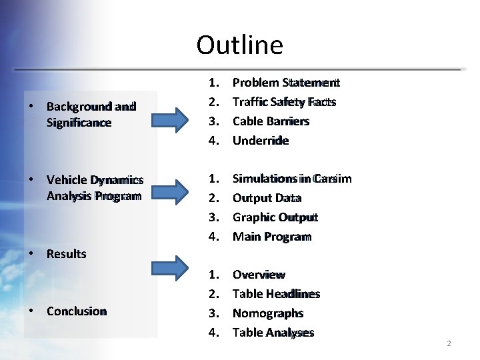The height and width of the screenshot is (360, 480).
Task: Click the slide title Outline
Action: [x=239, y=45]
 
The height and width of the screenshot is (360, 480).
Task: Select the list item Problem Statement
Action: [x=285, y=83]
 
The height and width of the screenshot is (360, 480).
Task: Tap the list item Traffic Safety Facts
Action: [x=283, y=102]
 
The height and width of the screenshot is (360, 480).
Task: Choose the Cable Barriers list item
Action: [x=271, y=121]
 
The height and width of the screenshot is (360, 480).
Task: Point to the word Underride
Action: [x=260, y=141]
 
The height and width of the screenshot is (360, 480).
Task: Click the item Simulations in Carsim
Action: [x=291, y=179]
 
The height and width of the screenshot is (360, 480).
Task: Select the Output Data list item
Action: [x=267, y=198]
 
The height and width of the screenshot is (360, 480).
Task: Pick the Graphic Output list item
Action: [x=275, y=217]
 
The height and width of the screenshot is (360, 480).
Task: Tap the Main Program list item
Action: [x=271, y=237]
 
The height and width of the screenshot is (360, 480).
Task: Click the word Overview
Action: [x=259, y=275]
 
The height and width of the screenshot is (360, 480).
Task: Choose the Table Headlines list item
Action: [x=276, y=294]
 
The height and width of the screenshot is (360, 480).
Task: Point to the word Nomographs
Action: [x=267, y=313]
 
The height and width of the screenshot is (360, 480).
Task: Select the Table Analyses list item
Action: [x=273, y=333]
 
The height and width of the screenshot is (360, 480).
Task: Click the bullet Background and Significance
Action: [x=91, y=115]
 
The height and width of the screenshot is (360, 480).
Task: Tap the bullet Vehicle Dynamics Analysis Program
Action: [x=93, y=187]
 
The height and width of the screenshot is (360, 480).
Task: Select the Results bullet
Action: [x=66, y=254]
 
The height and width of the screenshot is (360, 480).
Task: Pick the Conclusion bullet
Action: [x=76, y=311]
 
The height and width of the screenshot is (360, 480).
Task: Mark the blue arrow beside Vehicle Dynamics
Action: [x=170, y=189]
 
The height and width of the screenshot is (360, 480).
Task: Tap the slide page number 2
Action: [x=449, y=343]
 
